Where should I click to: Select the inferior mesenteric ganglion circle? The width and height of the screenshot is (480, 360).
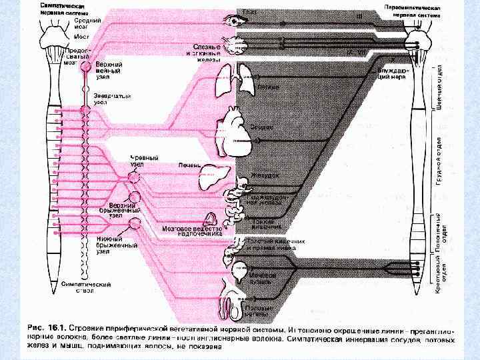coord(136,223)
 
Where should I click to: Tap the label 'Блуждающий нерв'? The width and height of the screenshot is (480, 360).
coord(392,73)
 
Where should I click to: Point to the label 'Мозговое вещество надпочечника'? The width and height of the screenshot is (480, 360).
coord(193,231)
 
